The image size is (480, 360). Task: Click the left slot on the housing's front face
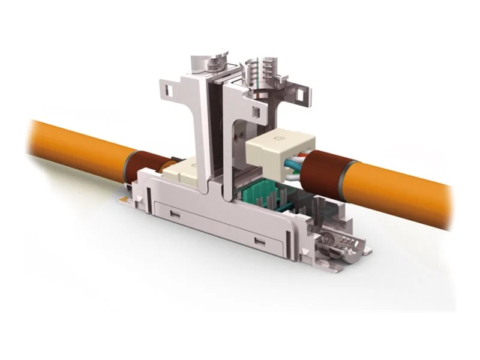(x=175, y=214)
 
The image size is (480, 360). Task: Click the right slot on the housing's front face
(x=259, y=241)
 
